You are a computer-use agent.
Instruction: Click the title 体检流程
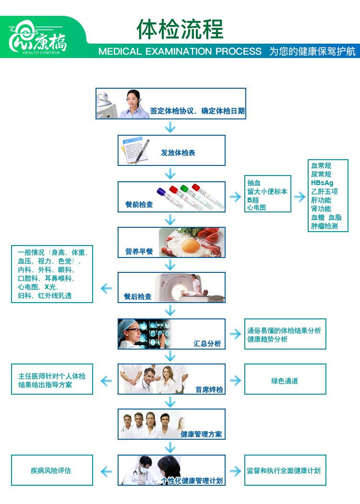(180, 29)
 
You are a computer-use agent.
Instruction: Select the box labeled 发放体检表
(172, 151)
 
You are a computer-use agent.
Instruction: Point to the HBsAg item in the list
(322, 183)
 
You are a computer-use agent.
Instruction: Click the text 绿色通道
(285, 381)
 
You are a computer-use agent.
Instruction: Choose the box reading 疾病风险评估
(52, 470)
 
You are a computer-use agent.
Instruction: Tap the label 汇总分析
(207, 343)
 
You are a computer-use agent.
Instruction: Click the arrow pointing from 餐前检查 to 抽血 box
(235, 197)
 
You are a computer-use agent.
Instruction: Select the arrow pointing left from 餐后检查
(106, 288)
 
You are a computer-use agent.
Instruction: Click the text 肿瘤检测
(324, 226)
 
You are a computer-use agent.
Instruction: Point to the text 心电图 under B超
(256, 208)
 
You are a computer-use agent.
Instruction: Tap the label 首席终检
(209, 389)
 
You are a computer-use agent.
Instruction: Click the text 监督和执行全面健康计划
(284, 470)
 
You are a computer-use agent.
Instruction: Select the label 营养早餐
(139, 251)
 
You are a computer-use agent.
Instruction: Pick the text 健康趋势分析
(267, 339)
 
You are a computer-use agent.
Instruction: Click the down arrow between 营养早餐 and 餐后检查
(170, 265)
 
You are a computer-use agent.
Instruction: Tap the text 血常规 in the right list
(321, 165)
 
